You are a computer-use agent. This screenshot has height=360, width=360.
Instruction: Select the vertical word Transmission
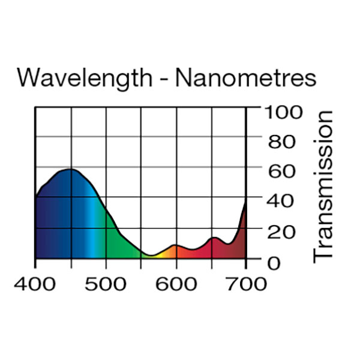pos(324,186)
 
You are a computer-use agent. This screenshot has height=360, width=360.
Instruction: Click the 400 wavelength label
pos(36,283)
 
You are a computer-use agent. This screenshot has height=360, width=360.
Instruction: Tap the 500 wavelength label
pos(106,283)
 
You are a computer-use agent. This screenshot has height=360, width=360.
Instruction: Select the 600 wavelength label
pos(176,283)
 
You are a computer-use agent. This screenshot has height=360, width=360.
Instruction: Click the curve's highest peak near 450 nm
pos(71,169)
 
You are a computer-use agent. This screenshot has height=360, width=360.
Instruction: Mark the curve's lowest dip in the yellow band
pos(151,256)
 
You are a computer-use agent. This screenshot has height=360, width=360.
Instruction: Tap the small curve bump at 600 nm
pos(175,245)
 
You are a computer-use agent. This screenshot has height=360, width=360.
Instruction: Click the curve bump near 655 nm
pos(214,238)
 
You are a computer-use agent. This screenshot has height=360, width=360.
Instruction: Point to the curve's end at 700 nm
pos(246,202)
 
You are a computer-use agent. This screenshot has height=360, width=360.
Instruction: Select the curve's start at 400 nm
pos(36,197)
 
